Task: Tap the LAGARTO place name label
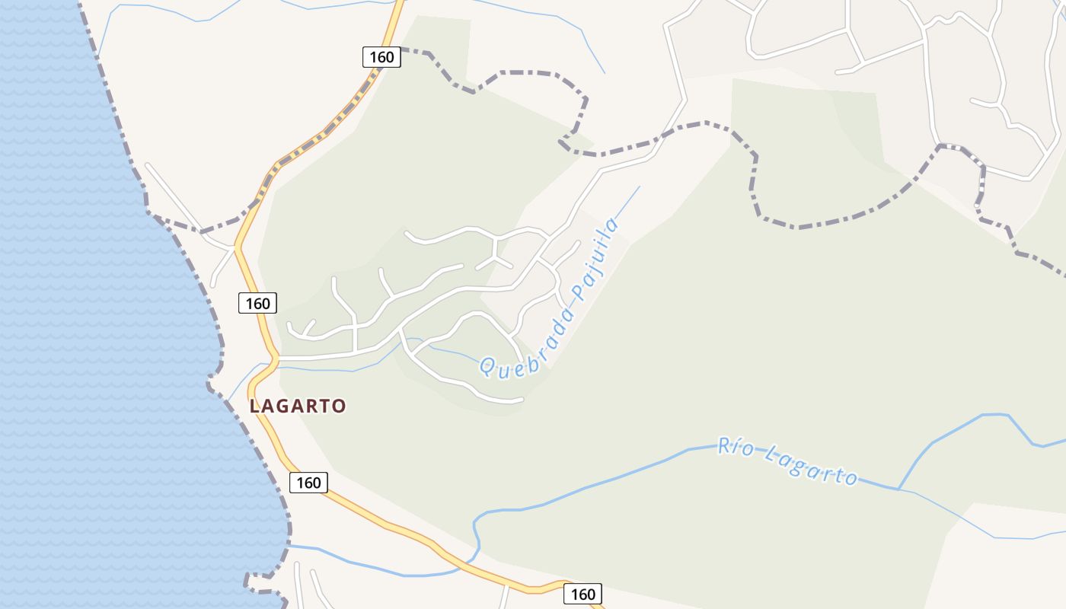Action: pos(298,406)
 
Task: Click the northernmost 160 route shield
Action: pos(381,56)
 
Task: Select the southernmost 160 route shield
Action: pos(582,594)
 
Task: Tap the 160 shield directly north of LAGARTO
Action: pos(257,303)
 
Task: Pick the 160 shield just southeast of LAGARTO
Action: pos(308,482)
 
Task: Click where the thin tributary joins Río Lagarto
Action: pos(899,489)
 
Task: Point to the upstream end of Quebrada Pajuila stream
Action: pos(640,187)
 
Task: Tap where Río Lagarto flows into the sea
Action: pos(290,545)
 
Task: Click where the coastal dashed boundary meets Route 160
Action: pos(256,204)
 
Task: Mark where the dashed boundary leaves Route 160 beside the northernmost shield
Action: pos(401,49)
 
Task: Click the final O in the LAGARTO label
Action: pos(339,406)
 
